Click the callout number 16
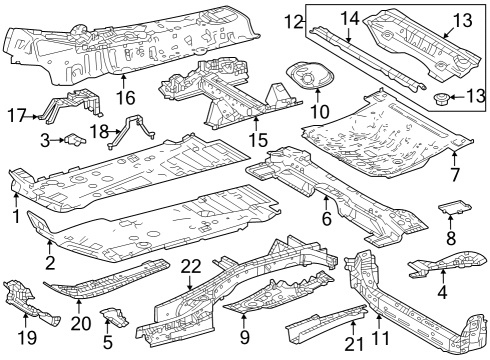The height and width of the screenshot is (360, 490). coord(126,97)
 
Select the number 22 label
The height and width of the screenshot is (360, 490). coord(191,267)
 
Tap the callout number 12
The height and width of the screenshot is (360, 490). coord(293,22)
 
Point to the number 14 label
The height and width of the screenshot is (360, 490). coord(350,19)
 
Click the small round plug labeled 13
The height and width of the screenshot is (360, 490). coord(441,99)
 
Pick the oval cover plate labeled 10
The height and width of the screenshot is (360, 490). coord(310,75)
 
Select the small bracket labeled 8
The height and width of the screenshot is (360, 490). coord(454,207)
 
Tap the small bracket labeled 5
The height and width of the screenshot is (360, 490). coord(115,317)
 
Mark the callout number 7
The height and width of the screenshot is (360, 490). coord(454,175)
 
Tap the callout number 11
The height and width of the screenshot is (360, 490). coord(380,338)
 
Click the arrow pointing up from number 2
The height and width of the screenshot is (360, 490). coord(50,247)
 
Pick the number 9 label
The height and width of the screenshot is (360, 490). coord(244,337)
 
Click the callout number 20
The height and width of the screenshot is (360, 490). coord(81,323)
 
